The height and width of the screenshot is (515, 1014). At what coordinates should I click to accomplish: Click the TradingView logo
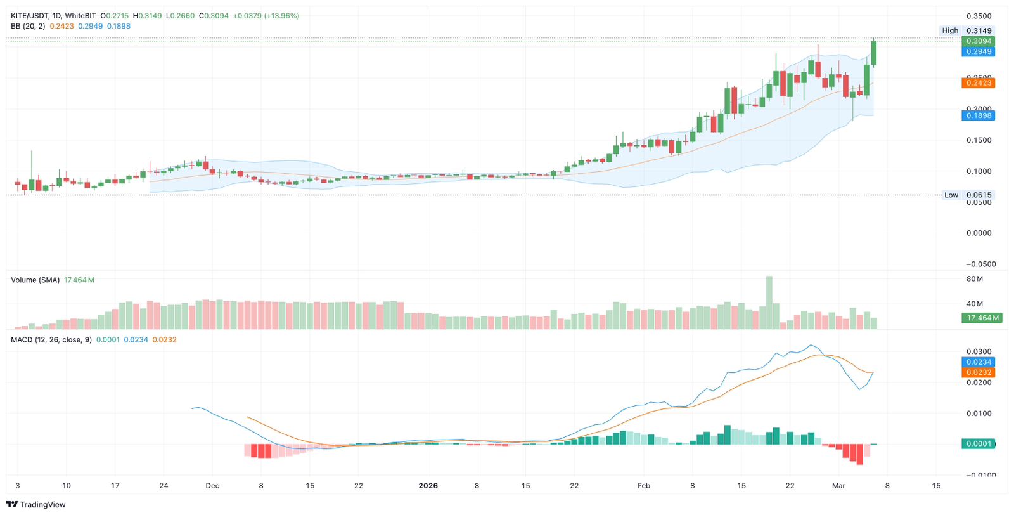click(35, 504)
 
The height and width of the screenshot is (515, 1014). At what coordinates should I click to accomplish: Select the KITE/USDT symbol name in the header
click(30, 16)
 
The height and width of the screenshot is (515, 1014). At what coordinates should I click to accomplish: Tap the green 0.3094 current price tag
click(978, 41)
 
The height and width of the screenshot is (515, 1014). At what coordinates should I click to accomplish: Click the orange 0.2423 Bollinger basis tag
click(978, 83)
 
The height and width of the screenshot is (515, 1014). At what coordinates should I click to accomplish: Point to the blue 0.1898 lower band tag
click(978, 115)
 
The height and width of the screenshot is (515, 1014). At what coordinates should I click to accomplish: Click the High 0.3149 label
click(966, 30)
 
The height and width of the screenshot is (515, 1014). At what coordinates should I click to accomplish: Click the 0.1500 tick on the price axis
click(979, 140)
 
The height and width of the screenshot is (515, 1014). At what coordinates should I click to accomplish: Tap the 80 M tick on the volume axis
click(975, 279)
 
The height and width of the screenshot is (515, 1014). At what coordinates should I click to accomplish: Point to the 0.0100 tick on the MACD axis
click(979, 414)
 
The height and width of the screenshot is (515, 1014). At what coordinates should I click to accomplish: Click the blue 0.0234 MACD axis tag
click(978, 362)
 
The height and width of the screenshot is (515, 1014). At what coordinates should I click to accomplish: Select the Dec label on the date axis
click(212, 486)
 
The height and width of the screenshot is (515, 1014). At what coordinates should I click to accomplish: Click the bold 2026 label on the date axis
click(428, 486)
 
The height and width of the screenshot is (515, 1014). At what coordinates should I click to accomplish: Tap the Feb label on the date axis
click(643, 486)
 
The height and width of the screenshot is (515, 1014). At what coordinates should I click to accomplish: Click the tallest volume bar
click(769, 303)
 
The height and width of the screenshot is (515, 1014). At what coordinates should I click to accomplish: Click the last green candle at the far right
click(874, 53)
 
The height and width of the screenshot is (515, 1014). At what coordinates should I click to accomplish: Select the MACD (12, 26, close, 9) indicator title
click(51, 340)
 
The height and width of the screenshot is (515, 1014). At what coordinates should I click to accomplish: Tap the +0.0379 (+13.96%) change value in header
click(266, 16)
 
